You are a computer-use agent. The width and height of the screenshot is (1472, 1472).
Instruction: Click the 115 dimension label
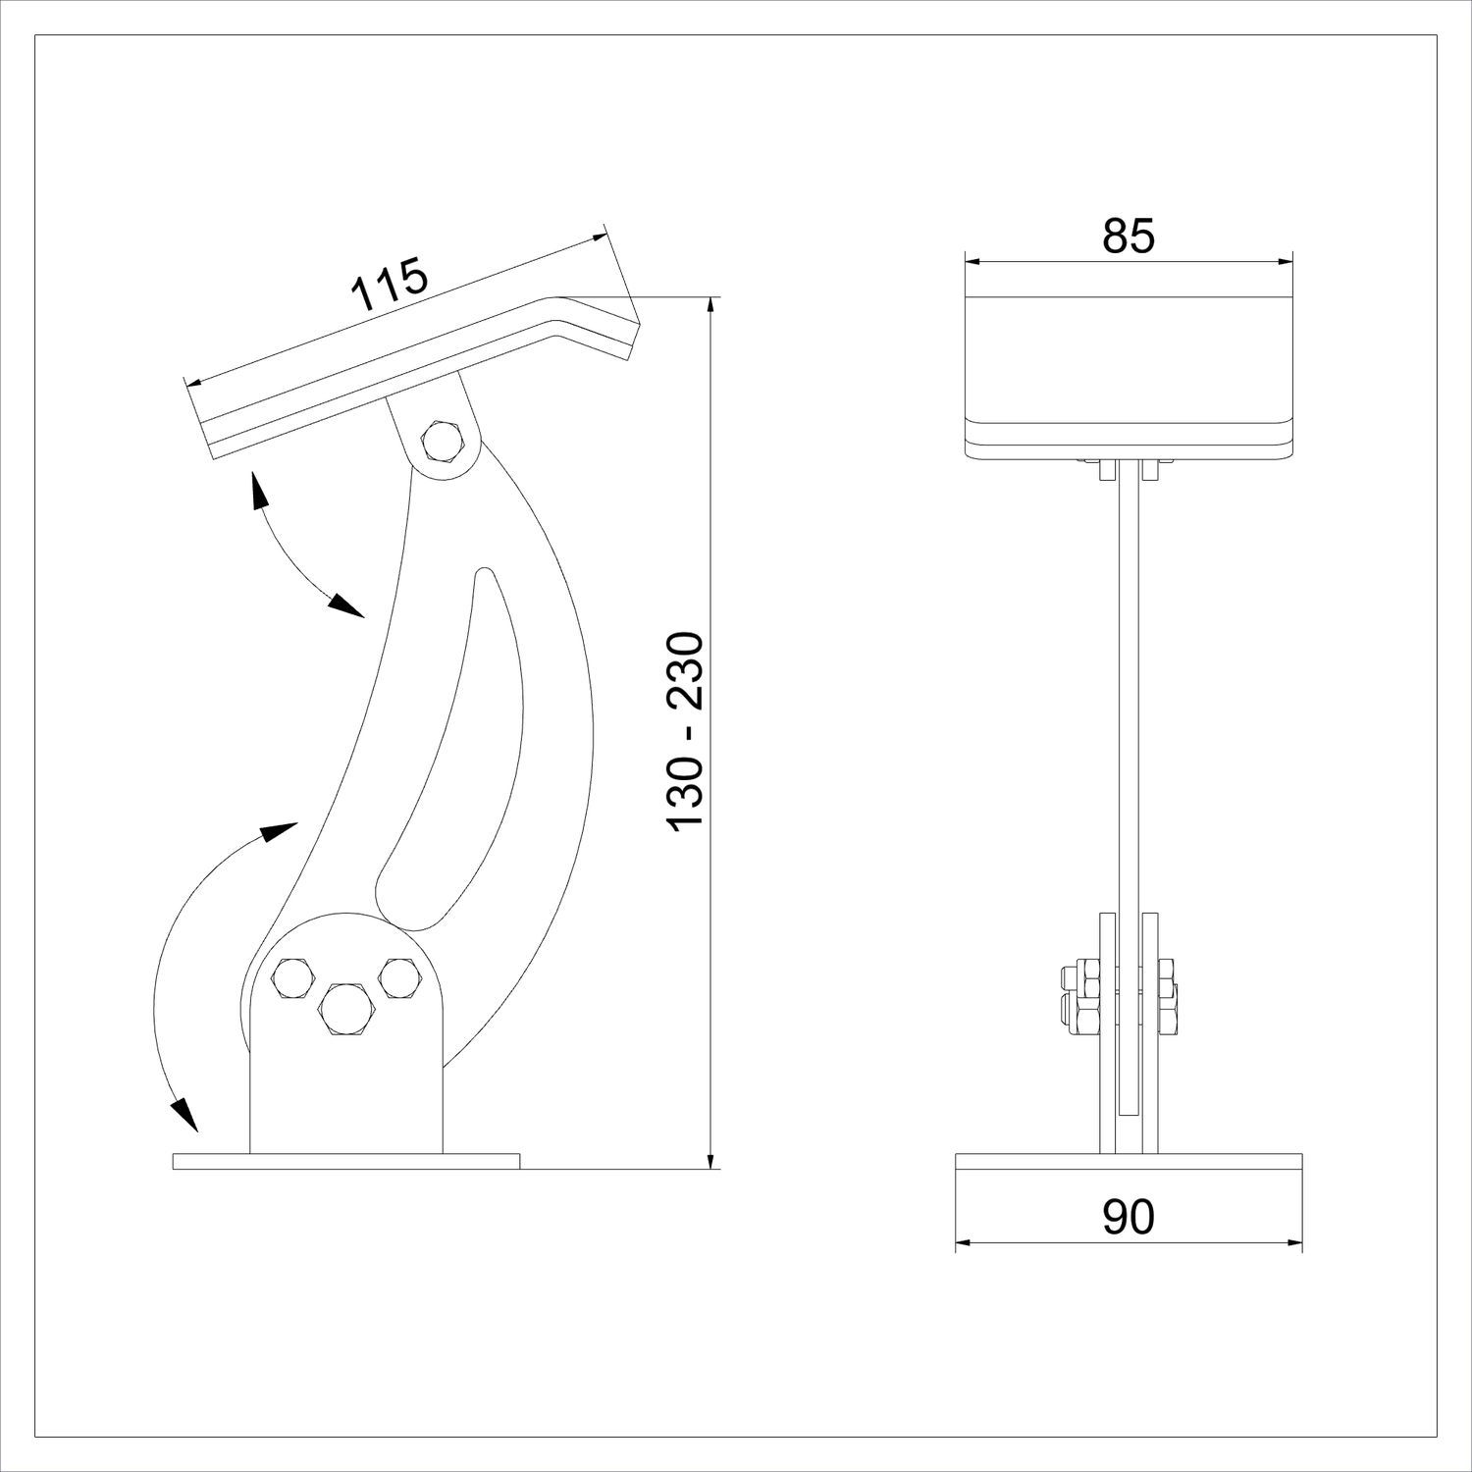pyautogui.click(x=390, y=284)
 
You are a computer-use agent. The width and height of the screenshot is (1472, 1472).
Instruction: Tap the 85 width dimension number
pyautogui.click(x=1129, y=236)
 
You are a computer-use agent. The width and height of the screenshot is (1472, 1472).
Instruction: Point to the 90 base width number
pyautogui.click(x=1129, y=1217)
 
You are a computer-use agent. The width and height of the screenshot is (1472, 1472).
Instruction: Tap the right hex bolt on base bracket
pyautogui.click(x=400, y=978)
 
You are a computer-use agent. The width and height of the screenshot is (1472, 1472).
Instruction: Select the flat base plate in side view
pyautogui.click(x=345, y=1161)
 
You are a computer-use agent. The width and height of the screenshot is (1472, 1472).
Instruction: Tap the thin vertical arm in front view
pyautogui.click(x=1129, y=687)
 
